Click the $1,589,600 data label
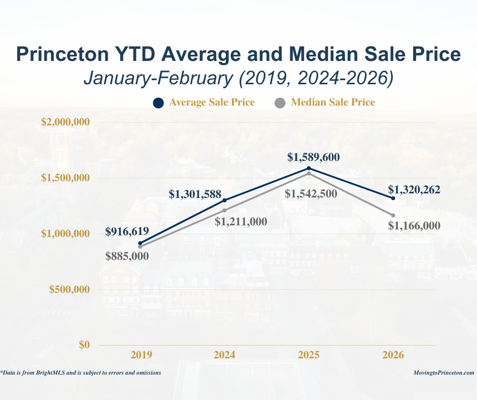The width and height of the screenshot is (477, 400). tap(313, 157)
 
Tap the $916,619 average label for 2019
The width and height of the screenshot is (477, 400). tap(127, 231)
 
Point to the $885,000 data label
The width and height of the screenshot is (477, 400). tap(127, 256)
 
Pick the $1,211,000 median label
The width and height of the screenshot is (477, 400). tap(241, 221)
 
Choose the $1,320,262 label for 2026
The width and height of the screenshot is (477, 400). tap(414, 190)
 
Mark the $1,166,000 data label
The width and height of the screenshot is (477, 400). tap(414, 226)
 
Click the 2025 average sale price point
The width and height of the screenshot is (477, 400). tap(309, 168)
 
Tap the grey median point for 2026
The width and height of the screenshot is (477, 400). tap(393, 215)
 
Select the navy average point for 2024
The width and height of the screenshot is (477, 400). tap(224, 200)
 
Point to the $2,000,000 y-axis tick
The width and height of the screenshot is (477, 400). tap(65, 122)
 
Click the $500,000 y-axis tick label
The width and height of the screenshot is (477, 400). tap(69, 289)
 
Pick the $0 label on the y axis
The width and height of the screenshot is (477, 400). tap(84, 345)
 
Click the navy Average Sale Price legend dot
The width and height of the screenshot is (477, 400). tap(158, 103)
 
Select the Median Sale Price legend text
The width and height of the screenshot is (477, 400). tap(333, 103)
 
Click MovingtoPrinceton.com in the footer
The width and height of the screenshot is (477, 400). tap(444, 373)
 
